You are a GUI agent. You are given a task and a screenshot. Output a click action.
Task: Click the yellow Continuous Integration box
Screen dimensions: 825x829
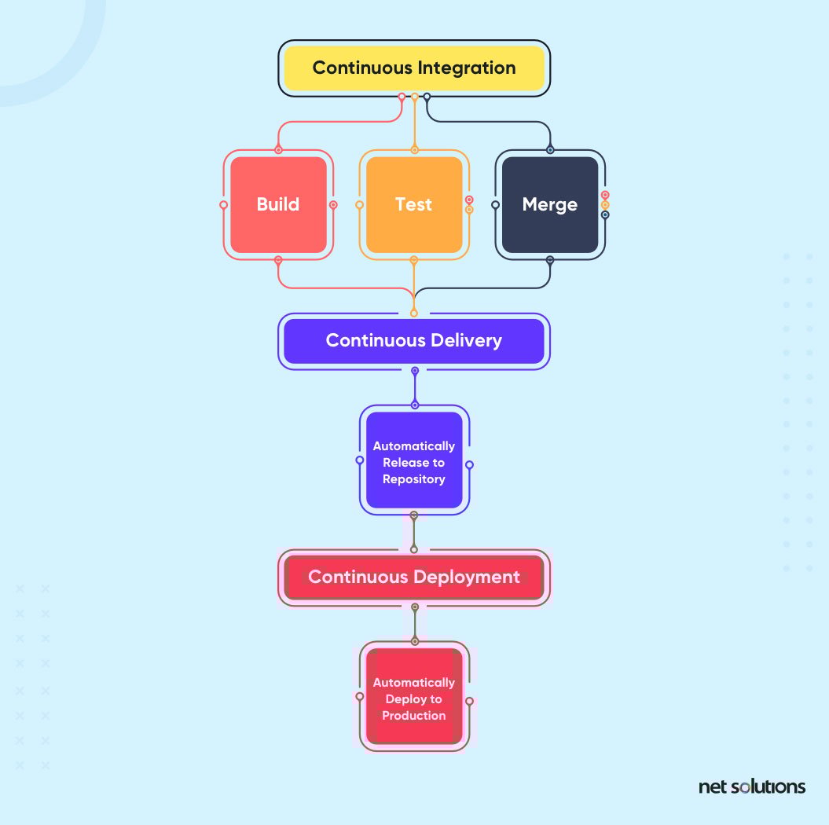414,68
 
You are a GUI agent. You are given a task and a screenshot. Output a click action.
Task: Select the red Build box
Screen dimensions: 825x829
278,204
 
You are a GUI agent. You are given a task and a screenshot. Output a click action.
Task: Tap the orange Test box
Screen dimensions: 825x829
414,204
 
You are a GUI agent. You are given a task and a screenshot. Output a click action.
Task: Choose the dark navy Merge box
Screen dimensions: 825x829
550,204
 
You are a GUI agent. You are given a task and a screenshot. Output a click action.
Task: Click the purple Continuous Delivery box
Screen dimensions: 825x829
414,340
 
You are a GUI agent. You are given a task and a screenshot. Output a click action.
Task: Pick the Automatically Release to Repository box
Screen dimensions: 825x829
414,461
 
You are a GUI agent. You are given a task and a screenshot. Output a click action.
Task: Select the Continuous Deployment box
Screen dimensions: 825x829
414,577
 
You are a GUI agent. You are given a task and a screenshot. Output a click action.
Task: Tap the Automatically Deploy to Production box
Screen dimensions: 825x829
414,698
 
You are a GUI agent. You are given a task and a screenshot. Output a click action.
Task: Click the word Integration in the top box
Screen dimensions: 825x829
467,68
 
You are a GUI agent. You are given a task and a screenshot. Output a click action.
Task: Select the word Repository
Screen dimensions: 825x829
414,478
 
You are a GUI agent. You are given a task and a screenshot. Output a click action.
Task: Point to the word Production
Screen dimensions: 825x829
414,715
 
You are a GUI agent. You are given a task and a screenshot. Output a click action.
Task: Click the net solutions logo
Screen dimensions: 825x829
751,786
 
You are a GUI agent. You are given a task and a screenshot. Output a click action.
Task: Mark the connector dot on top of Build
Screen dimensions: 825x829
278,149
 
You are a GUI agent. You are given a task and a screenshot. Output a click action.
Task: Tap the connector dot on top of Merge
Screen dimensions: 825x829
550,149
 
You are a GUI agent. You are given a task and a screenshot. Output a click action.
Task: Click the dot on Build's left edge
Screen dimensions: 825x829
223,205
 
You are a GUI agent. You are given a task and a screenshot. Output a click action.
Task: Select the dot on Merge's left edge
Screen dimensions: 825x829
495,205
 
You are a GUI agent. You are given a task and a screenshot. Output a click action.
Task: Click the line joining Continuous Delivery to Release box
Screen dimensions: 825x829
415,388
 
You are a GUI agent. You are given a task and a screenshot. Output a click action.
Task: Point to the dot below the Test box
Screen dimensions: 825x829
414,259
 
